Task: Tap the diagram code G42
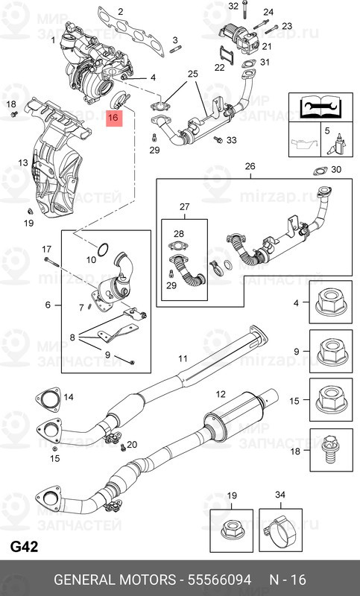click(x=24, y=545)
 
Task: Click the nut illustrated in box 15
click(x=329, y=400)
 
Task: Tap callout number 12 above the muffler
click(x=221, y=394)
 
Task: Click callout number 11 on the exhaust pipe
click(x=182, y=359)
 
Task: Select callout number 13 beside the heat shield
click(x=23, y=162)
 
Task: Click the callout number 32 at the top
click(x=233, y=6)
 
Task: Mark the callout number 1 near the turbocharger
click(x=54, y=40)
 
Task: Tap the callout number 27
click(x=184, y=206)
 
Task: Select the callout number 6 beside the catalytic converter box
click(x=48, y=305)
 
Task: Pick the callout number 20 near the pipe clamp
click(x=132, y=445)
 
